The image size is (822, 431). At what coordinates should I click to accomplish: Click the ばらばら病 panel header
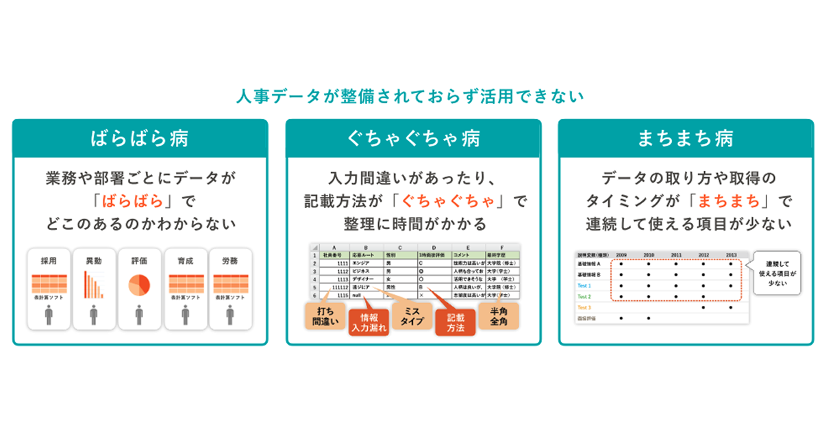point(140,139)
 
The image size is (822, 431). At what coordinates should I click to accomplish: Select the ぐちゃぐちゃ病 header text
point(413,139)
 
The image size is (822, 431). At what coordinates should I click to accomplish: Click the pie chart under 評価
point(140,285)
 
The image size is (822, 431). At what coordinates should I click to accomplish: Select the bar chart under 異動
point(93,284)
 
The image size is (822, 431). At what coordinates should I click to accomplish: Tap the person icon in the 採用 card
point(48,315)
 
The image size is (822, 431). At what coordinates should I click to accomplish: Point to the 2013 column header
point(731,254)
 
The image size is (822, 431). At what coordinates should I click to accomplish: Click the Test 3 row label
point(584,308)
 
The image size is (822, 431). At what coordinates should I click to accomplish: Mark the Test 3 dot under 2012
point(703,308)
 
